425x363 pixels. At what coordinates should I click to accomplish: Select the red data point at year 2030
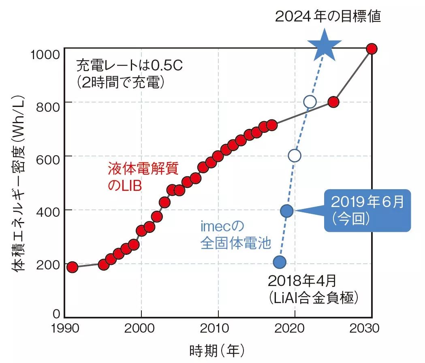coord(372,49)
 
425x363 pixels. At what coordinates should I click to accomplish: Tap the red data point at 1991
coord(72,267)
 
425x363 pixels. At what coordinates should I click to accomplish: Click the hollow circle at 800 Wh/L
coord(310,102)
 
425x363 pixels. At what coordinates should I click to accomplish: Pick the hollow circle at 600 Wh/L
coord(295,156)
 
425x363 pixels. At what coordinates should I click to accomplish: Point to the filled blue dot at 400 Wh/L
coord(287,210)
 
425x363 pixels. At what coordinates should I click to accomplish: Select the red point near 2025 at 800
coord(333,102)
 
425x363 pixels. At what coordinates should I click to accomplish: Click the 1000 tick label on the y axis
coord(45,53)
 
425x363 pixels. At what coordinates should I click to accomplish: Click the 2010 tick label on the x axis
coord(218,329)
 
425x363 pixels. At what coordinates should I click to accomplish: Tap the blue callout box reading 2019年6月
coord(367,210)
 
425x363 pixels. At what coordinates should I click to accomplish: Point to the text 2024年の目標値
coord(328,17)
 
